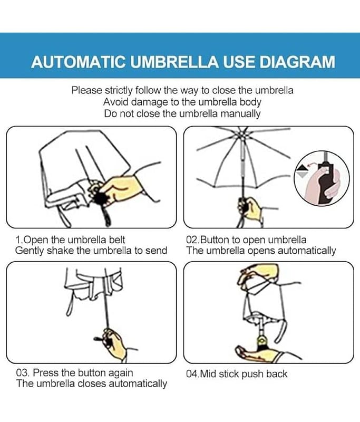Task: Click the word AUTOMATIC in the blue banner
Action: click(x=78, y=62)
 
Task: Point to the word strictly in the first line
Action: click(x=119, y=90)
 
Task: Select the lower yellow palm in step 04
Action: click(x=258, y=353)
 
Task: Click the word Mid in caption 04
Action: click(x=209, y=374)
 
